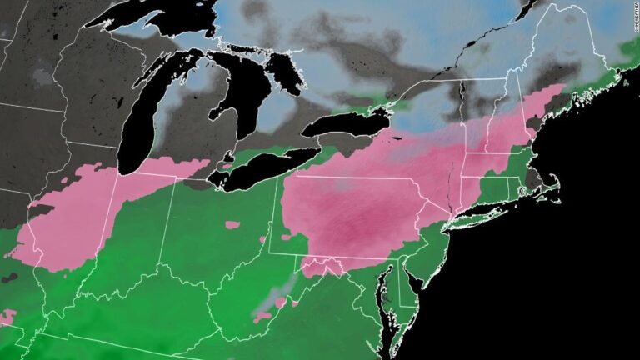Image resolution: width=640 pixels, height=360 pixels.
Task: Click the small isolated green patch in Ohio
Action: pos(232,223)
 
